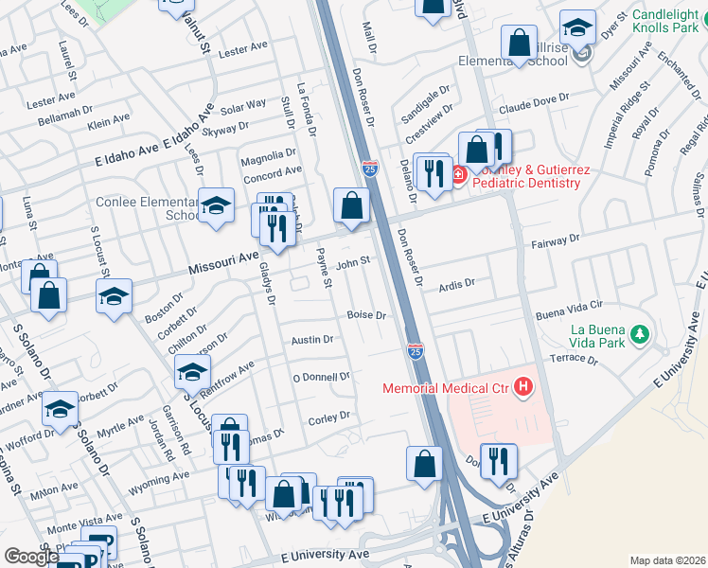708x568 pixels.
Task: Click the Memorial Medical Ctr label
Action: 446,387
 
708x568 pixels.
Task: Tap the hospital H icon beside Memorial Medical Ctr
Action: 522,386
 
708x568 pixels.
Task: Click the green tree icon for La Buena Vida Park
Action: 641,334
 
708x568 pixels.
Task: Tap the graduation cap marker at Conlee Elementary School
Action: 216,205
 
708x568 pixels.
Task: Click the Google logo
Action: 31,557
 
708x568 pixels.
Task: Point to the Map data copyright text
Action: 667,560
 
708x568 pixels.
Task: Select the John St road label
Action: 352,261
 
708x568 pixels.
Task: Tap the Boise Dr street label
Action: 367,314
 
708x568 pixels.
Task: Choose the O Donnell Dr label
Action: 321,376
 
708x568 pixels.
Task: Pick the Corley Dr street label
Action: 329,416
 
